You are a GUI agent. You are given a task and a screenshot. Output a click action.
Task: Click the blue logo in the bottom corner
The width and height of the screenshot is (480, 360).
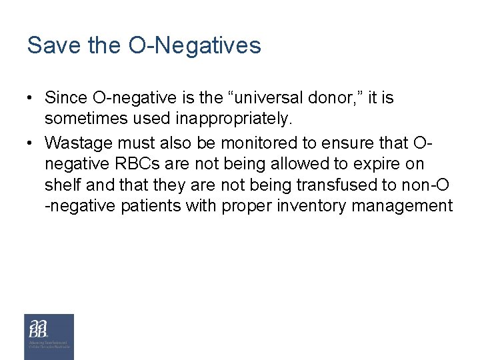49,336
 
